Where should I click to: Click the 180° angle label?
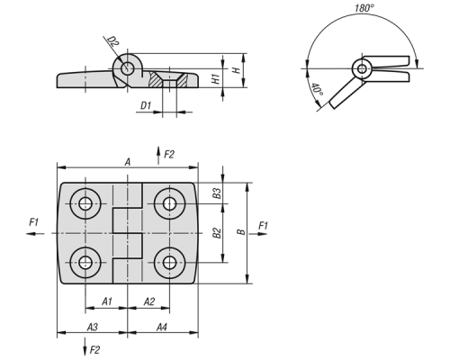click(364, 8)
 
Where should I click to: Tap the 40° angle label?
click(317, 90)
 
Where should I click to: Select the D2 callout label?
click(112, 41)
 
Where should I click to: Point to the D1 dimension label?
click(146, 105)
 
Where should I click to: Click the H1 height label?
click(216, 78)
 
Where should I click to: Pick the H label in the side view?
click(237, 70)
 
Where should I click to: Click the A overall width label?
click(128, 162)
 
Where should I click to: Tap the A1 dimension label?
click(107, 301)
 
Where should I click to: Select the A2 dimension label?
click(149, 301)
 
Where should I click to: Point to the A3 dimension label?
click(93, 327)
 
